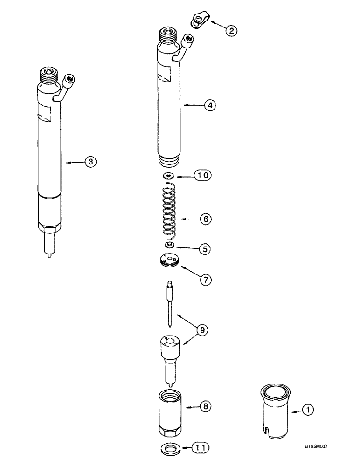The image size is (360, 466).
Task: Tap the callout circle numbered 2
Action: [x=231, y=31]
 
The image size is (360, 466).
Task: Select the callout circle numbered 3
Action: [x=90, y=162]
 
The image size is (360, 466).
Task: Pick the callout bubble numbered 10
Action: [x=204, y=176]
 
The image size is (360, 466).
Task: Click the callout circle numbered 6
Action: [x=206, y=218]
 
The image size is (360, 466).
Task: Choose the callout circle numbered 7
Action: [x=205, y=280]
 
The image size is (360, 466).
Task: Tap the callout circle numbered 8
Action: [x=205, y=407]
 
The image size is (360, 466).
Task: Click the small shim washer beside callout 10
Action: [x=168, y=176]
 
